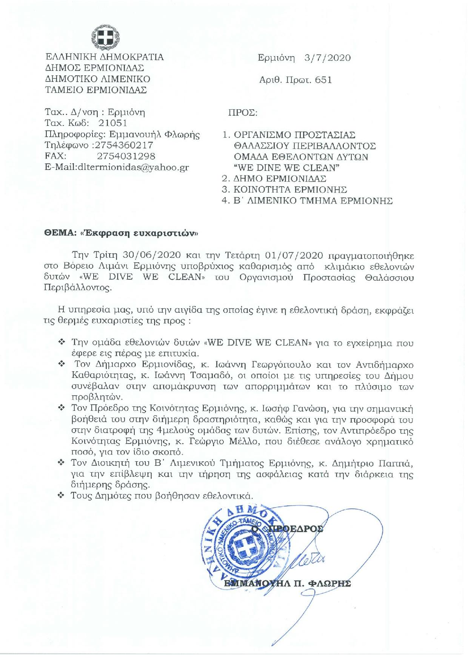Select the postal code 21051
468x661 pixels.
pyautogui.click(x=113, y=123)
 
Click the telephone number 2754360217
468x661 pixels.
pyautogui.click(x=125, y=145)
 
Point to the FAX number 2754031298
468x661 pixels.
pyautogui.click(x=126, y=156)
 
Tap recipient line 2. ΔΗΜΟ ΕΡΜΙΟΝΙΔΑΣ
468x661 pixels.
pyautogui.click(x=274, y=179)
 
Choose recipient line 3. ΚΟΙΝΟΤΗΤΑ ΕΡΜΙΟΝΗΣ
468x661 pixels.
pyautogui.click(x=285, y=190)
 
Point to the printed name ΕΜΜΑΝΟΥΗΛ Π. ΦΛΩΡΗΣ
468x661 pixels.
pyautogui.click(x=287, y=584)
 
